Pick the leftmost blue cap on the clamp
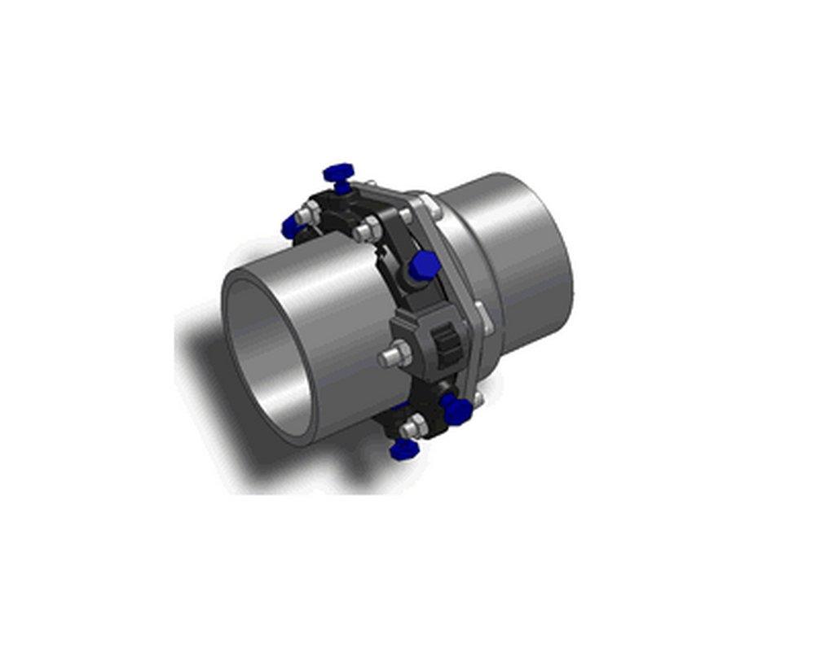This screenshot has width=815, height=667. tap(292, 226)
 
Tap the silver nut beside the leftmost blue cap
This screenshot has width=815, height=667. tap(308, 214)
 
